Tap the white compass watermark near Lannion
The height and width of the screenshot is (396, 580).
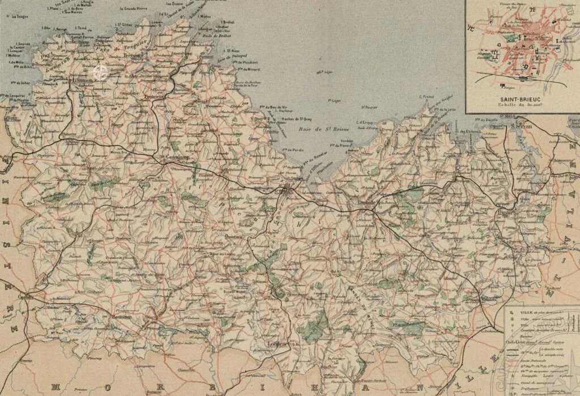[100, 71]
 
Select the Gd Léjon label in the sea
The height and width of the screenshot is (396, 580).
[324, 71]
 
